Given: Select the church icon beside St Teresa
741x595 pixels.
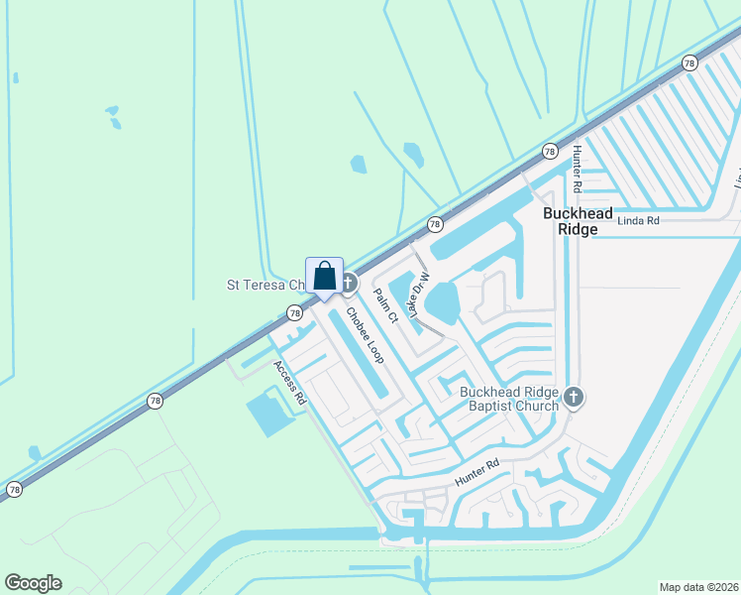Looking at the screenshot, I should point(348,284).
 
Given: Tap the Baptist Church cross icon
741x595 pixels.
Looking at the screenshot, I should point(574,399).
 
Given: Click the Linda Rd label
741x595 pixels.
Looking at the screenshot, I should point(638,221).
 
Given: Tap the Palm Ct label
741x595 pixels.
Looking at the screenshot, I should point(385,306).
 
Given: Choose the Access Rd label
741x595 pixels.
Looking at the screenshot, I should point(290,382).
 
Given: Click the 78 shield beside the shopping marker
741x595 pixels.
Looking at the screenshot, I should point(294,313).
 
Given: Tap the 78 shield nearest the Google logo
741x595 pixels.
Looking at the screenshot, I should point(15,490).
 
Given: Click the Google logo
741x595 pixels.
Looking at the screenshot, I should point(34,583).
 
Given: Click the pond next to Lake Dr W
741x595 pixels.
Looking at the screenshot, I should point(446,302).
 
